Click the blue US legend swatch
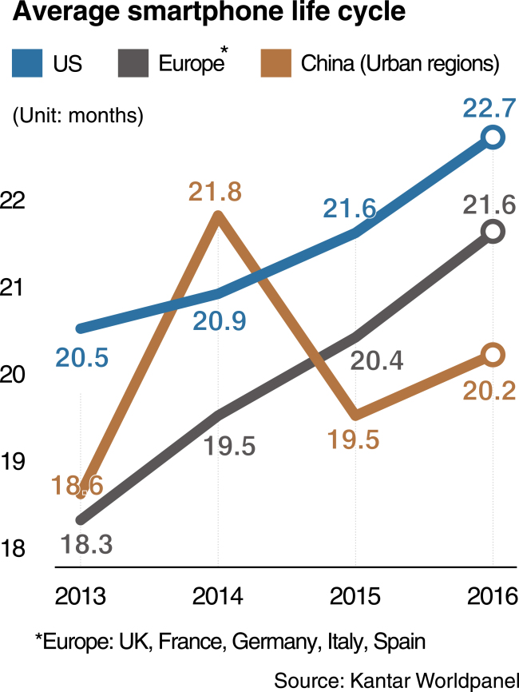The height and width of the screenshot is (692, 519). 27,63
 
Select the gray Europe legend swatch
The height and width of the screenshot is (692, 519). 133,63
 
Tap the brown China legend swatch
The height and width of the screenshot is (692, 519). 276,63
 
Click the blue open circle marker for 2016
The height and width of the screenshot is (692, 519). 493,137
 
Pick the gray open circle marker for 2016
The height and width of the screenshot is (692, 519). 493,231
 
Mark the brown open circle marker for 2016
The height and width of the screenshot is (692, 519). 493,354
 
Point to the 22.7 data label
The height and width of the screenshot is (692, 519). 489,108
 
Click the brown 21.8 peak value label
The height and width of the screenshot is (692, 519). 215,192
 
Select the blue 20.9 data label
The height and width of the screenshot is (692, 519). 219,321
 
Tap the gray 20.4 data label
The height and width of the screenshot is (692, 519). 377,360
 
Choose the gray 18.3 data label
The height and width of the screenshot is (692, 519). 86,544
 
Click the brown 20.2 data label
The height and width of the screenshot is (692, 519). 489,391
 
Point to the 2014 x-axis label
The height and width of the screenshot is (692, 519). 218,596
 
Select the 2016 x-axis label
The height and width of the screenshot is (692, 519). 493,596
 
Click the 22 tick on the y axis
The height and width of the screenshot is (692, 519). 13,201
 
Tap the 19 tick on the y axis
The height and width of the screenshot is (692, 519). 13,462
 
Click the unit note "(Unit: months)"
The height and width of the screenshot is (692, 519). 78,116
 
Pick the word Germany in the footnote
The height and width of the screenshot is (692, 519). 274,641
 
